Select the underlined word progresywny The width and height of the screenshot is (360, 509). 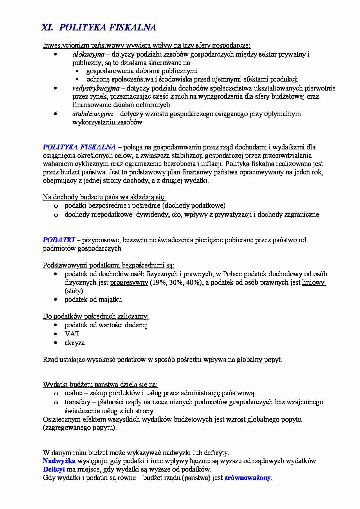pos(129,283)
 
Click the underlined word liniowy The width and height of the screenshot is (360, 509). pos(313,283)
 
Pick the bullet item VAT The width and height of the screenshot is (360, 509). pos(72,334)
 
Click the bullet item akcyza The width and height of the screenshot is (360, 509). pos(75,343)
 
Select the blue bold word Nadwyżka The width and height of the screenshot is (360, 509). pos(59,461)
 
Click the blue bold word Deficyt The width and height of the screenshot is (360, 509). pos(54,469)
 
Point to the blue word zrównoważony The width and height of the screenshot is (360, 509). pos(248,478)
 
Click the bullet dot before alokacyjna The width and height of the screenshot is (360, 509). pos(55,54)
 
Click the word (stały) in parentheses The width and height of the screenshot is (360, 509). pos(74,291)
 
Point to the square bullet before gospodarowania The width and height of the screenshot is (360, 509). pos(77,71)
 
